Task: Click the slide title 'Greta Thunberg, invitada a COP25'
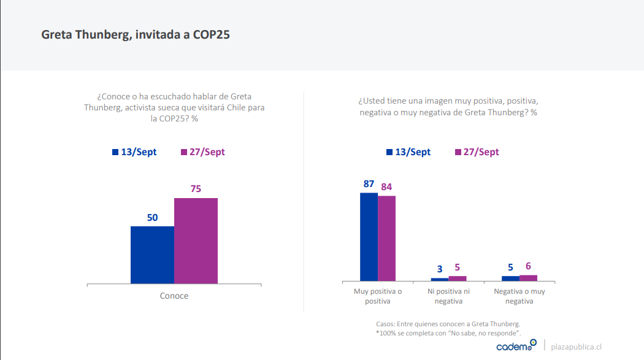click(x=136, y=35)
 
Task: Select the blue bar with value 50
click(x=152, y=255)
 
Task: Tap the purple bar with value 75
click(x=196, y=240)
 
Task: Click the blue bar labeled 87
click(x=369, y=236)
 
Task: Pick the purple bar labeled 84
click(x=386, y=238)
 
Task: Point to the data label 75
click(x=196, y=189)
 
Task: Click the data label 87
click(x=369, y=183)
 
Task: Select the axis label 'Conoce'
click(x=174, y=296)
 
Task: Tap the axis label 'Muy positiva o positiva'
click(x=378, y=296)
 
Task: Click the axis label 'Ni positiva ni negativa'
click(x=448, y=296)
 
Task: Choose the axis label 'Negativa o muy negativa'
click(x=519, y=296)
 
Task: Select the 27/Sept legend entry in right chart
click(x=477, y=152)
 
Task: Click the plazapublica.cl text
click(x=576, y=347)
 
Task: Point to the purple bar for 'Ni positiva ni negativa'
click(x=457, y=278)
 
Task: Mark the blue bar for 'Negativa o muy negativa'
click(x=510, y=278)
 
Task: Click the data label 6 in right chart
click(x=528, y=266)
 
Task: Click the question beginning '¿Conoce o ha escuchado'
click(x=174, y=107)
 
